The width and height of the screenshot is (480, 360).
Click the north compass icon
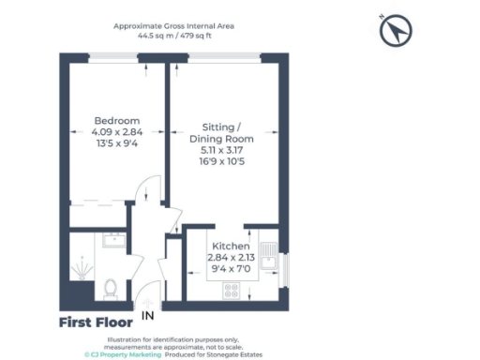pos(397,32)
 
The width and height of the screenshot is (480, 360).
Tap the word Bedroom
pos(117,121)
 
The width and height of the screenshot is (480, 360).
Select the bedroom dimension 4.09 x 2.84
pos(117,132)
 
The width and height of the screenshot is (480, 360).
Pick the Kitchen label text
pos(231,247)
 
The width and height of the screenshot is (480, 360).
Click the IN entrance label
pos(147,317)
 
